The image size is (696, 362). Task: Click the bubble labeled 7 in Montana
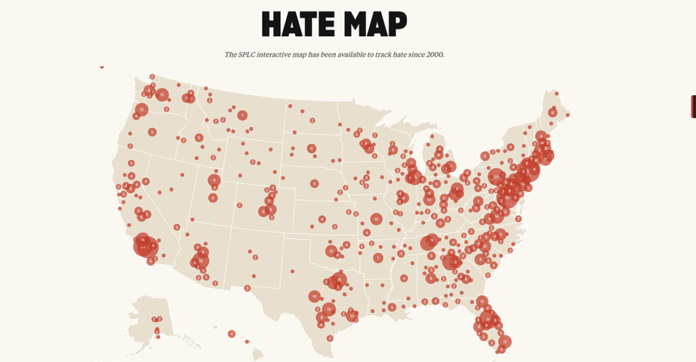(x=242, y=116)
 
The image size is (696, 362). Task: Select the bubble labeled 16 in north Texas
(x=338, y=280)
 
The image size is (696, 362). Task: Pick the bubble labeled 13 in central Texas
(x=329, y=309)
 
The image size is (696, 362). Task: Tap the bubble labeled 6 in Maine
(x=553, y=112)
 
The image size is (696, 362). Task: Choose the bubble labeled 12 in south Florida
(x=504, y=341)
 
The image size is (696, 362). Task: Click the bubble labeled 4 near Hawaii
(x=232, y=333)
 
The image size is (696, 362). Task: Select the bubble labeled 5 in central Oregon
(x=152, y=131)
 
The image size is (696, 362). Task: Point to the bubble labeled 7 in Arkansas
(x=378, y=258)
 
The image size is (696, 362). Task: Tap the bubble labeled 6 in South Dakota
(x=311, y=148)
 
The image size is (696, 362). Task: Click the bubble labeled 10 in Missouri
(x=376, y=219)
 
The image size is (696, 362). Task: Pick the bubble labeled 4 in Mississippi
(x=404, y=278)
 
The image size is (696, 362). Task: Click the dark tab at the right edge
(x=693, y=107)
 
